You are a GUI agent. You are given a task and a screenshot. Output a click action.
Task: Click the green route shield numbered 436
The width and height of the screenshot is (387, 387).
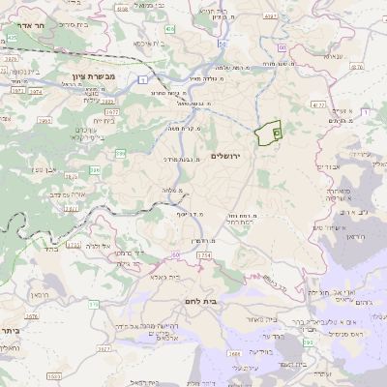pos(170,30)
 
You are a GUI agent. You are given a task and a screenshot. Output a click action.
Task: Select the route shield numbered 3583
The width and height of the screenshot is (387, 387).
pos(51,376)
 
